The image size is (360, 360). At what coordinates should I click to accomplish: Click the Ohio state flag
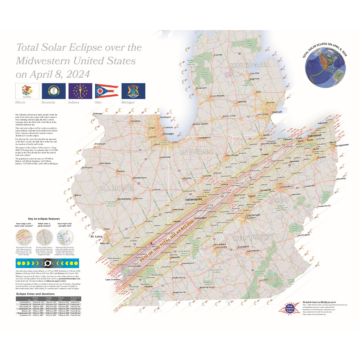(x=107, y=91)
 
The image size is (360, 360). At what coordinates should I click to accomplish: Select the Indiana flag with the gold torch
(x=80, y=91)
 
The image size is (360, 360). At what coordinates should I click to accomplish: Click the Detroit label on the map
(x=277, y=112)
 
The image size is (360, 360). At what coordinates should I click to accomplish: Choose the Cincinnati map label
(x=253, y=215)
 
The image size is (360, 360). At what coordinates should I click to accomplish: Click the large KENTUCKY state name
(x=253, y=238)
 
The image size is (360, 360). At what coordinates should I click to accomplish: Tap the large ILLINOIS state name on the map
(x=116, y=188)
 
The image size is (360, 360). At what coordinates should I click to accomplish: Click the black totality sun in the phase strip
(x=48, y=263)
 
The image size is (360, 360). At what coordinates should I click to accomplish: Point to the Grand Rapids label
(x=218, y=96)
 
